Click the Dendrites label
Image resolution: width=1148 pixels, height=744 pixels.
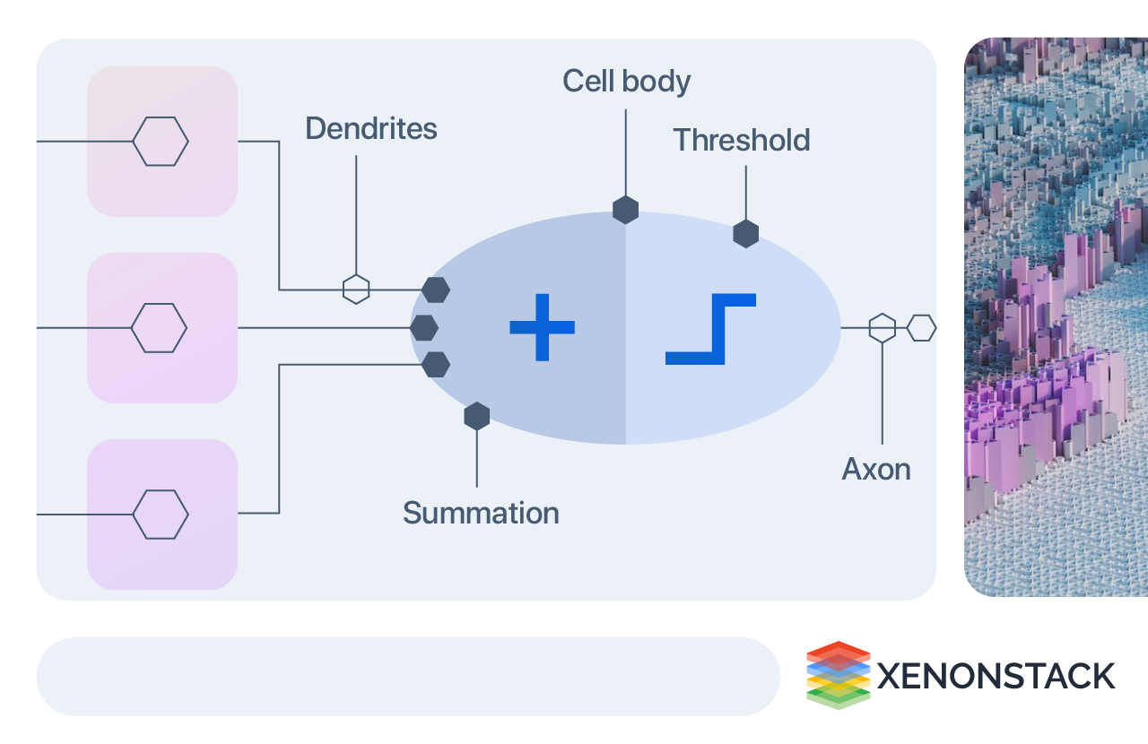370,129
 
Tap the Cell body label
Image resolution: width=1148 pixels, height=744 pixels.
626,82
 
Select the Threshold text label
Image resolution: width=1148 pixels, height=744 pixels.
741,141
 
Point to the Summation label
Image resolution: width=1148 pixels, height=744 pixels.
481,514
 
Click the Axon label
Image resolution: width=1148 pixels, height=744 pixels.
876,470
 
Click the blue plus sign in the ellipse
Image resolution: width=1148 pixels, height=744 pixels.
542,327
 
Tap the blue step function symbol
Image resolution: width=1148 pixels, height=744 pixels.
711,329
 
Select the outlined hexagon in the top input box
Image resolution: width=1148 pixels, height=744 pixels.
161,142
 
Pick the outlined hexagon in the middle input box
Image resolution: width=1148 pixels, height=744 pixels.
159,328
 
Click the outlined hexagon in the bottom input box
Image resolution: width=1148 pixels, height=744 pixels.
161,515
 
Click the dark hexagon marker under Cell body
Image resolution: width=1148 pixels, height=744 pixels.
625,211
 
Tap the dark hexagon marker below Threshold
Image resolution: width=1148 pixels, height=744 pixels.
745,234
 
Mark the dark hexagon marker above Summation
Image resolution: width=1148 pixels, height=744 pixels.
476,416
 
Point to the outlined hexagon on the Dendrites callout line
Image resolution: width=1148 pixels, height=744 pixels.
356,290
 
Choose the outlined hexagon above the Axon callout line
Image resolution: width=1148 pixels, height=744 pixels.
883,328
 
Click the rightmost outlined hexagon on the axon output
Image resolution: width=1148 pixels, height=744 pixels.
921,328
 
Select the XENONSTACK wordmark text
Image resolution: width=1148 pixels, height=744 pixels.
996,676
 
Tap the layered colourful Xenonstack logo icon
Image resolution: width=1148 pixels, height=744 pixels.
838,675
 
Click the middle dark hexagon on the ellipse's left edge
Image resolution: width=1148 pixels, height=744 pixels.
424,328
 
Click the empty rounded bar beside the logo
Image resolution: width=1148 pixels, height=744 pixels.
408,677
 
